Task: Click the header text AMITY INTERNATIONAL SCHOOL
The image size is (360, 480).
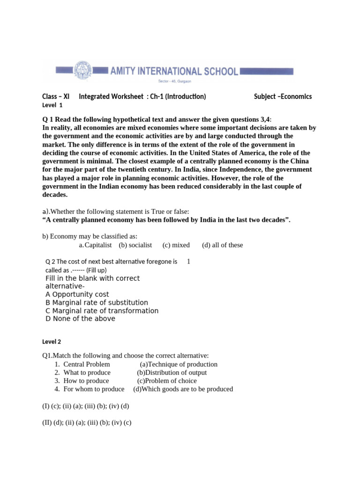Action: point(174,71)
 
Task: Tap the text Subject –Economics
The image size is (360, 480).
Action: point(283,97)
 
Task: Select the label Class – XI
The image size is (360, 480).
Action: point(56,97)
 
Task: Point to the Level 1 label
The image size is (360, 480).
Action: point(52,105)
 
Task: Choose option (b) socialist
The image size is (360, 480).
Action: point(135,245)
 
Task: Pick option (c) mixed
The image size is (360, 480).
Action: point(176,245)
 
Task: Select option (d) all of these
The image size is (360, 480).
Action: point(222,245)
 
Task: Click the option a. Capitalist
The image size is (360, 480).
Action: point(96,245)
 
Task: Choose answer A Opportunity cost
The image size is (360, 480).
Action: point(77,294)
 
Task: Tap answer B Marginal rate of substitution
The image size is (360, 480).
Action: point(97,302)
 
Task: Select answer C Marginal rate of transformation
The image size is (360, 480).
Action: point(102,311)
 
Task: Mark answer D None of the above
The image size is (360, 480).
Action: point(80,319)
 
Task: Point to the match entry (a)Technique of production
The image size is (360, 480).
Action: point(179,364)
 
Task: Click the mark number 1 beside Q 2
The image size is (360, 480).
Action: point(188,262)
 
